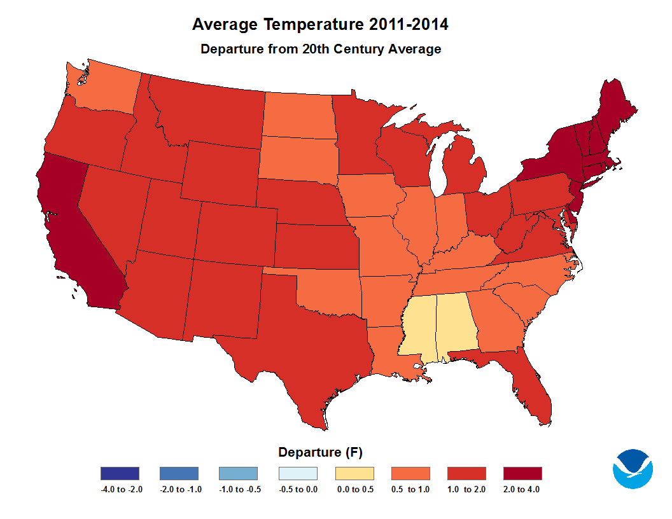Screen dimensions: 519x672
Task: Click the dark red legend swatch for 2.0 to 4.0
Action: (522, 473)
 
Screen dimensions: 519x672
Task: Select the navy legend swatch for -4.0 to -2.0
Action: (120, 473)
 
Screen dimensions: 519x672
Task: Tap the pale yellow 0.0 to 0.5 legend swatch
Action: (354, 473)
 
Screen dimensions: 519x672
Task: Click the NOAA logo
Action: (633, 469)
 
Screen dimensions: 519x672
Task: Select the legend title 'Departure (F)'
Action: (320, 453)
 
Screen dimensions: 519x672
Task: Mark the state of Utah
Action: (168, 219)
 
